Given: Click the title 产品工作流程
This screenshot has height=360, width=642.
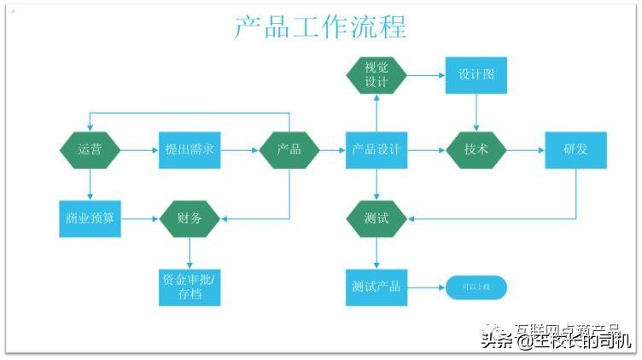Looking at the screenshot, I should (320, 26).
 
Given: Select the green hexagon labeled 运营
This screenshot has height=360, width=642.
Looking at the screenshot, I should (90, 150).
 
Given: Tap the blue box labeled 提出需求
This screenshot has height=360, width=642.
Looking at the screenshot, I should (190, 150).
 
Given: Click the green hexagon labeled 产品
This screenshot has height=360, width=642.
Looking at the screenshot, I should (289, 150).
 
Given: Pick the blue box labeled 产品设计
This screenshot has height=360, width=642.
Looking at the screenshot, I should (376, 150).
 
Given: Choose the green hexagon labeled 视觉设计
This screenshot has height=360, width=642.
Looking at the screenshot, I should (376, 75).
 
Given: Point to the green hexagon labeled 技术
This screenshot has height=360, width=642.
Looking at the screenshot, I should (476, 150).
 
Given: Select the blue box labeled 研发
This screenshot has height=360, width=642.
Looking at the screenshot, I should (575, 150).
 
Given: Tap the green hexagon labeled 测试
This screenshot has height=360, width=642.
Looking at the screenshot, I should (376, 218).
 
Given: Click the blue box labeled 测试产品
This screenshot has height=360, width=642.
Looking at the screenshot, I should (376, 287).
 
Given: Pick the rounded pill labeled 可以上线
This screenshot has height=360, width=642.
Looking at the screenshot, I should (476, 287).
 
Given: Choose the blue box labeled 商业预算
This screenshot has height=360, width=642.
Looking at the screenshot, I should (90, 218).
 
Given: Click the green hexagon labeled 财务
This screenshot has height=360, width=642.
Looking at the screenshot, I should (190, 218).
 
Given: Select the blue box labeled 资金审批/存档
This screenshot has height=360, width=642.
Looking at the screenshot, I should (190, 287).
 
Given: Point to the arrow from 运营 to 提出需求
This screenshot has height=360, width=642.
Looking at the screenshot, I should (139, 150).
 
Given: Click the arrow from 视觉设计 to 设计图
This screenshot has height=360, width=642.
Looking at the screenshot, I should (426, 75).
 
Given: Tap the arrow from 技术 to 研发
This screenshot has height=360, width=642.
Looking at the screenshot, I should (525, 150).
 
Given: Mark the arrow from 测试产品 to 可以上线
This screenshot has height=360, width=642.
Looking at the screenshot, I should (426, 287).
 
